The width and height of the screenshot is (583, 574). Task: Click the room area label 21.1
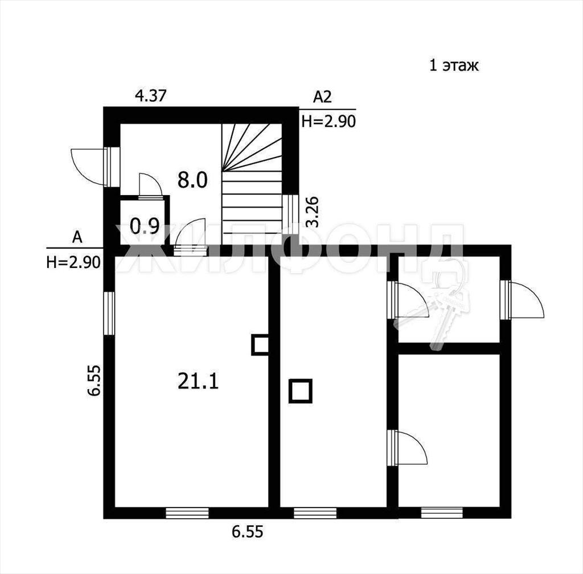click(x=198, y=381)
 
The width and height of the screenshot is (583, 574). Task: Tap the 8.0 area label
click(x=192, y=180)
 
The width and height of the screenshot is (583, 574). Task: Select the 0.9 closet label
click(x=145, y=226)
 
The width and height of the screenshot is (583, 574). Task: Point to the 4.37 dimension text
click(x=150, y=96)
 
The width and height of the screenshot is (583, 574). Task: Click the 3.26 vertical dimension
click(x=313, y=212)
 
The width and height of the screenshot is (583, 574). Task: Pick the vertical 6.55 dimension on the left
click(x=95, y=381)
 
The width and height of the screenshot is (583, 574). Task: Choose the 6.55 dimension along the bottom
click(x=248, y=532)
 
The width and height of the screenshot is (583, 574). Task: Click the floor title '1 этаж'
click(x=454, y=65)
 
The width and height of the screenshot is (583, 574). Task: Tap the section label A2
click(x=322, y=97)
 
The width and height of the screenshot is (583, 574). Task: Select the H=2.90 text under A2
click(x=329, y=121)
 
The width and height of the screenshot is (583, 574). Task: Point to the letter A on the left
click(x=77, y=237)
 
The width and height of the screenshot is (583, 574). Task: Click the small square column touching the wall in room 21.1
click(x=260, y=345)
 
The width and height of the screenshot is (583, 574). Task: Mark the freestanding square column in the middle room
click(x=301, y=391)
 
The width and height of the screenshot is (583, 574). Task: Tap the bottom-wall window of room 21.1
click(x=187, y=513)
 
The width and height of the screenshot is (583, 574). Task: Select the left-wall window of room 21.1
click(x=109, y=313)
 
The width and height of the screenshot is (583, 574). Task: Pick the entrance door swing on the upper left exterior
click(x=87, y=166)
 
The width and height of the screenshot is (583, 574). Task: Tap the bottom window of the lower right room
click(x=442, y=513)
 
